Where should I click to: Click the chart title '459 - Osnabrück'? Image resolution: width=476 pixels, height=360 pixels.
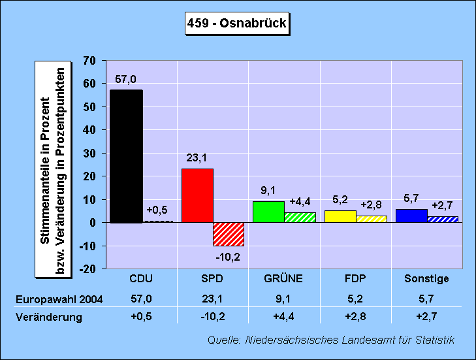click(237, 24)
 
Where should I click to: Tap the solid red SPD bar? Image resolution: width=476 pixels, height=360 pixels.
click(197, 195)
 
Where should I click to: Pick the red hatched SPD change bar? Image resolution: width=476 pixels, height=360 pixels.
click(229, 234)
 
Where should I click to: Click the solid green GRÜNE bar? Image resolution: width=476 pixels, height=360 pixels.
click(268, 212)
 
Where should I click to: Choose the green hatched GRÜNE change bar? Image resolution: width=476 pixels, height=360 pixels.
click(300, 217)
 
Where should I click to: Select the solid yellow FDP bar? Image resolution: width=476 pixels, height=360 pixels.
click(340, 216)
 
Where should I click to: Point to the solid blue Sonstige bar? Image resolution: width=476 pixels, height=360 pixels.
click(411, 216)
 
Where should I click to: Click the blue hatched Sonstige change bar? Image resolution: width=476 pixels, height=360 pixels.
click(443, 219)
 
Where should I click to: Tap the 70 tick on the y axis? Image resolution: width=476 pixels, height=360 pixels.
click(89, 61)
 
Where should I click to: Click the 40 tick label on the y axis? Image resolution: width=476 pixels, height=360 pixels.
click(89, 130)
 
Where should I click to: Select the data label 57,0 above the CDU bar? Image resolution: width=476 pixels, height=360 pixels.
click(126, 79)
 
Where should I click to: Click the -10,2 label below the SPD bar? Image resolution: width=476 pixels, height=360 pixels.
click(229, 256)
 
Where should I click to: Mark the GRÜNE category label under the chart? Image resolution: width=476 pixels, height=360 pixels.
click(283, 279)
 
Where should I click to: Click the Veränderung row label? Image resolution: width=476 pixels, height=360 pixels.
click(49, 317)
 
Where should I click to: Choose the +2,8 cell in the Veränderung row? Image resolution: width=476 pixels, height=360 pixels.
click(355, 317)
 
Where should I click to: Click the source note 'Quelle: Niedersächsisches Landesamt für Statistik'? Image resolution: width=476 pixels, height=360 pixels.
click(331, 340)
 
